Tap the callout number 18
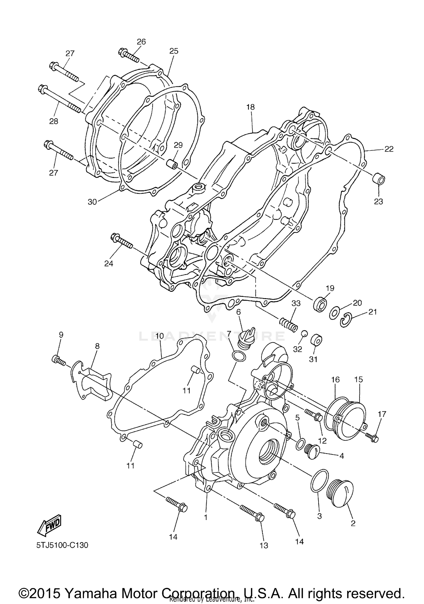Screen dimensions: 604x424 coord(250,107)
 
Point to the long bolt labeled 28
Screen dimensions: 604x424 coord(59,98)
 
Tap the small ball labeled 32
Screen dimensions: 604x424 coord(304,334)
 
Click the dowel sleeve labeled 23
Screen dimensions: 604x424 coord(378,180)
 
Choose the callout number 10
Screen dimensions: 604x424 coord(159,336)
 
